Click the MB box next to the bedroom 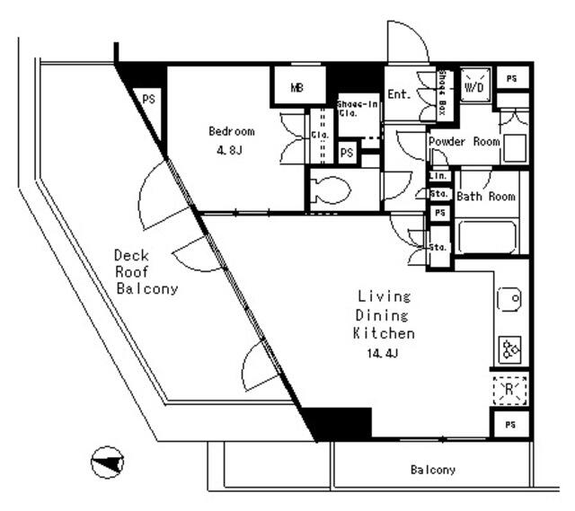point(296,88)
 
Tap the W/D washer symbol point(474,87)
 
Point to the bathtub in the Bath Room point(487,237)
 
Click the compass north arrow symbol point(107,462)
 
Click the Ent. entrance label point(400,93)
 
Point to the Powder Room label point(464,142)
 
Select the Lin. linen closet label point(438,177)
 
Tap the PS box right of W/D point(511,79)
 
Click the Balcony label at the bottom point(433,470)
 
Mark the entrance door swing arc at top point(406,40)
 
